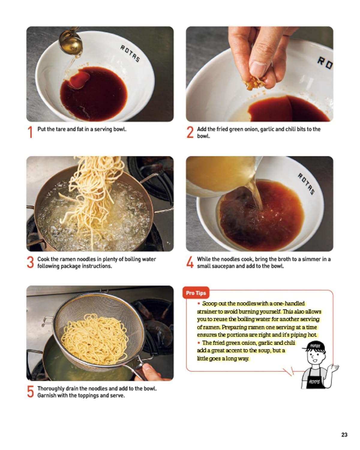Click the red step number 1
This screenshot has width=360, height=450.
click(30, 132)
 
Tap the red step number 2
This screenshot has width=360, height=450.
click(190, 132)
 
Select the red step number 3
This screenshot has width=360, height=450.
click(30, 262)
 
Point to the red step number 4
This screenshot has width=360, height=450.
click(190, 262)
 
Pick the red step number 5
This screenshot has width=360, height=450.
click(30, 391)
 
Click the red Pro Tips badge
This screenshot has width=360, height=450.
click(196, 293)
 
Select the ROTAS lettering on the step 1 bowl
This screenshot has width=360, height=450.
click(130, 53)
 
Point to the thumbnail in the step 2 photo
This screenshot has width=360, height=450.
click(258, 69)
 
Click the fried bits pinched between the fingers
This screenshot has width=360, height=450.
click(254, 82)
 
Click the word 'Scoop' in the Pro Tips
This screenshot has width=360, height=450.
click(210, 303)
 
